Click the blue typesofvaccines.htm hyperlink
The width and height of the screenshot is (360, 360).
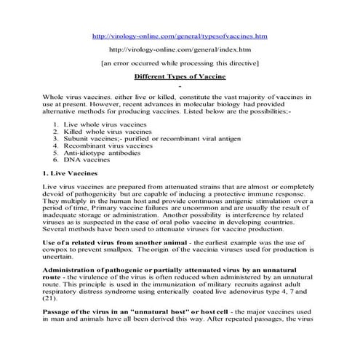coord(180,36)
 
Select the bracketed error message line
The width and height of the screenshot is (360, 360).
coord(180,63)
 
